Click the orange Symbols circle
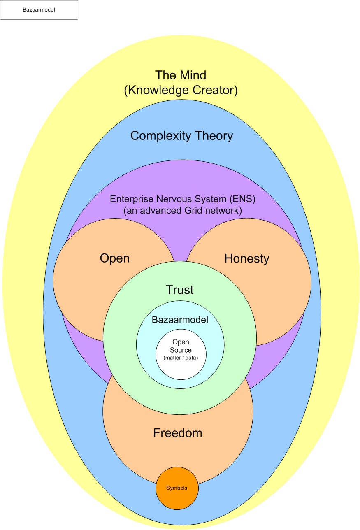coord(177,488)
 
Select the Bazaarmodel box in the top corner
coord(39,10)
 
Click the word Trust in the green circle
coord(179,290)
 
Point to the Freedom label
coord(178,433)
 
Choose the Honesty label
coord(247,259)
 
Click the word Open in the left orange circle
coord(115,258)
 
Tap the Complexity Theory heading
coord(182,136)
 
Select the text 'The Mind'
coord(181,75)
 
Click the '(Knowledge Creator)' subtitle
coord(181,91)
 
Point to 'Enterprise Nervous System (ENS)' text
coord(183,199)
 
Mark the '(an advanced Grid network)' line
coord(183,211)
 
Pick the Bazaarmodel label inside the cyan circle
coord(180,320)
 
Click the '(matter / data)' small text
coord(181,358)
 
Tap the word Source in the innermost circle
coord(181,350)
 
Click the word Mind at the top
coord(193,75)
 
